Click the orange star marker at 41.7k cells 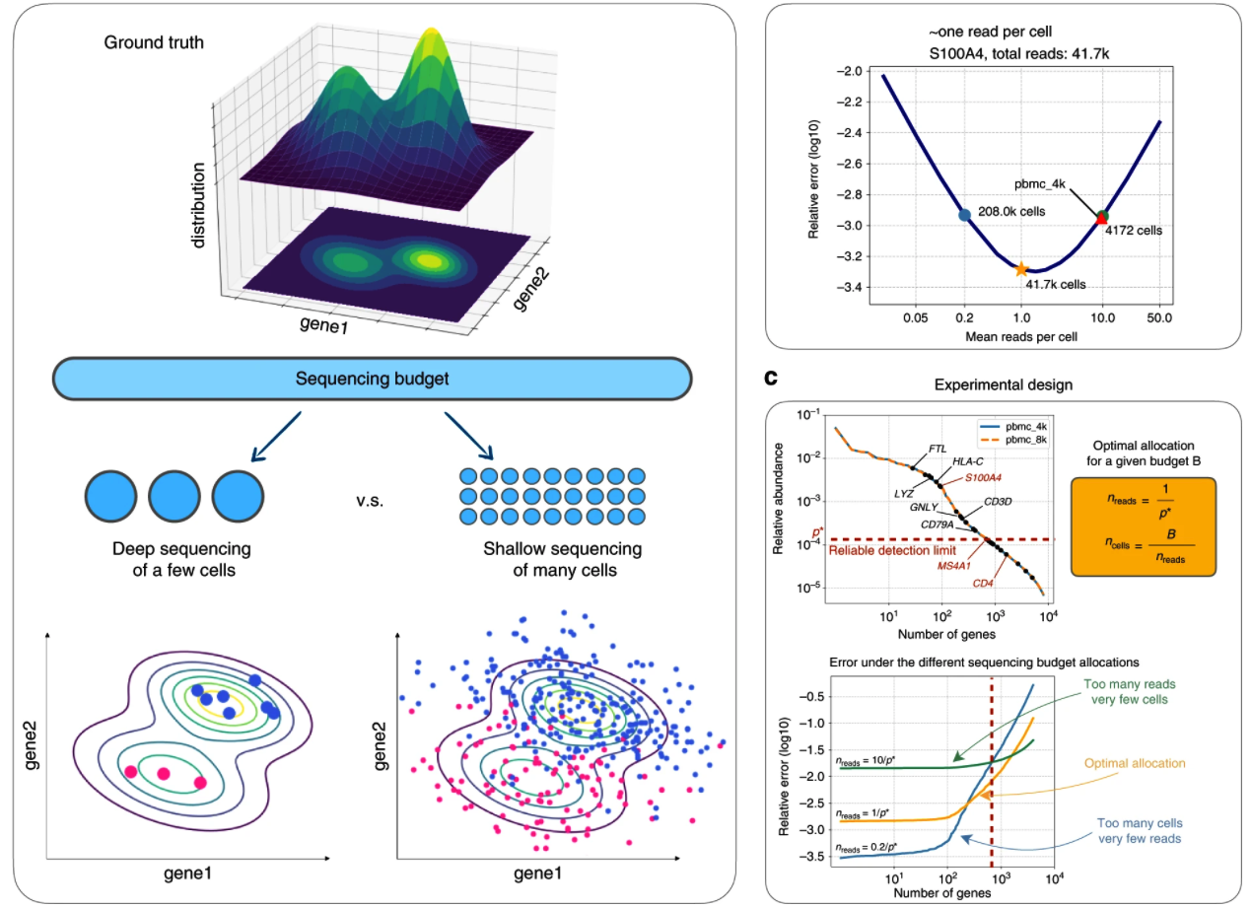[1021, 268]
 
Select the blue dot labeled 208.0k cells [964, 214]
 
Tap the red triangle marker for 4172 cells [1101, 219]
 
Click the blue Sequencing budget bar [372, 379]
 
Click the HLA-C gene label [968, 461]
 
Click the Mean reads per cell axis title [1020, 336]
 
